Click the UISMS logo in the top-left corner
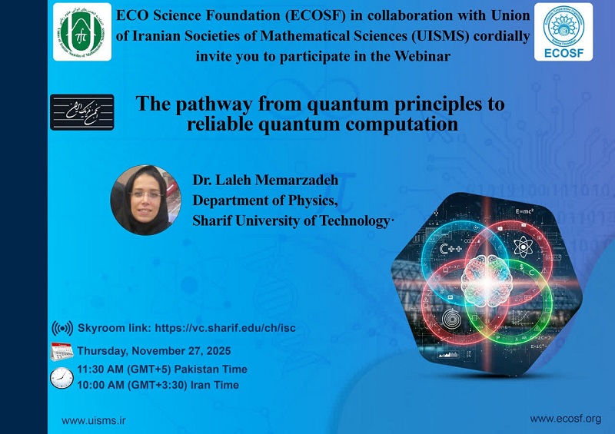(x=82, y=31)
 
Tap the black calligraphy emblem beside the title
(x=81, y=112)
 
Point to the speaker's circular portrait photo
(x=146, y=200)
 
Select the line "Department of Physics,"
(x=264, y=201)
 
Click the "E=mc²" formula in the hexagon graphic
(x=525, y=210)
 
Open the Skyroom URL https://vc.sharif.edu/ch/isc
(x=225, y=328)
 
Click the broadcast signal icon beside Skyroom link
(x=62, y=329)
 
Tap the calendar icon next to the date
(x=61, y=351)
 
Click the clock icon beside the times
(x=61, y=377)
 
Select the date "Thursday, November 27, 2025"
(x=153, y=350)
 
